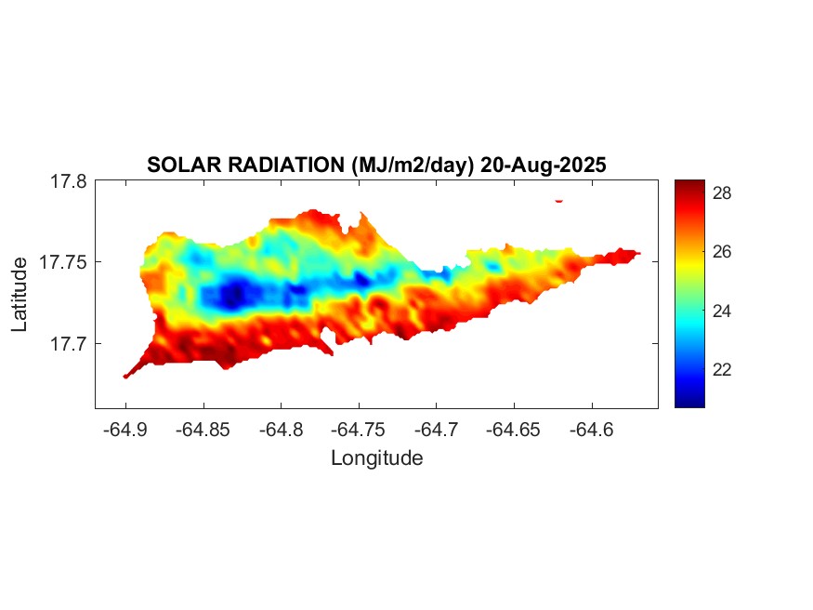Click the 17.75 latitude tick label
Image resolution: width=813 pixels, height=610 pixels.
click(63, 262)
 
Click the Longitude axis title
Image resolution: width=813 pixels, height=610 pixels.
click(376, 457)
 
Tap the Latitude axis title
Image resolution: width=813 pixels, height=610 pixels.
click(20, 295)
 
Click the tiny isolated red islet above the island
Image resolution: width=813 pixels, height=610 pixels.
click(559, 200)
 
